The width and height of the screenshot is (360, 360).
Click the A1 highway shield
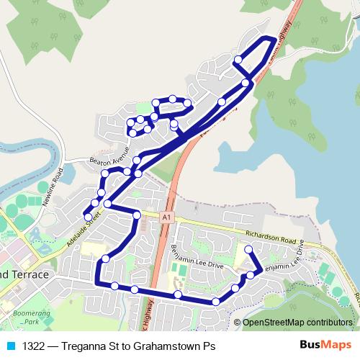click(x=167, y=216)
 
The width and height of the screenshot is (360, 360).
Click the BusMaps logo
click(x=325, y=345)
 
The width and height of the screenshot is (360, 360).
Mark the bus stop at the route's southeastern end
click(x=248, y=250)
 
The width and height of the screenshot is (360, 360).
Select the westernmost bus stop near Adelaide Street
click(x=88, y=215)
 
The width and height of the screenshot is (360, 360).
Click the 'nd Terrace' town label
click(x=27, y=275)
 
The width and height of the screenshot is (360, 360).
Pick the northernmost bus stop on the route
click(x=271, y=40)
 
